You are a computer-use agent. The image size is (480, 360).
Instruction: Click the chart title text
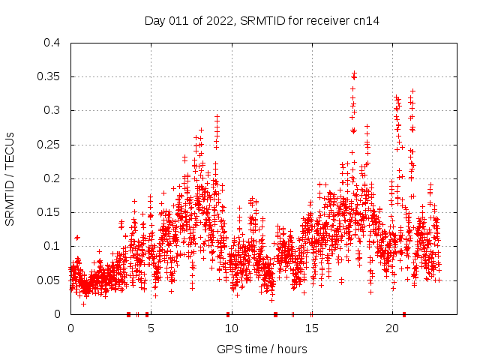262,20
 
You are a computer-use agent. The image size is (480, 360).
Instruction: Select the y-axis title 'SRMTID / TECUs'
10,178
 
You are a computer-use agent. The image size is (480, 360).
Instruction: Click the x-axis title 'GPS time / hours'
262,349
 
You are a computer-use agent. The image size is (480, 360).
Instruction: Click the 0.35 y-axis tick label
52,76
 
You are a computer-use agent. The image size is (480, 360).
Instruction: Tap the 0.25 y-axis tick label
52,145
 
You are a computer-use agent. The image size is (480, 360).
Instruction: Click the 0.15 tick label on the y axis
52,212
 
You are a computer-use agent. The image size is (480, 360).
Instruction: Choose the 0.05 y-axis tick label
52,280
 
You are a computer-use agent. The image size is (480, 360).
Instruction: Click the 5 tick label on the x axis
151,328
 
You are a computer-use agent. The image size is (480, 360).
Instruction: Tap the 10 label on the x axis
231,328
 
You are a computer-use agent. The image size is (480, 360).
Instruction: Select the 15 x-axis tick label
311,328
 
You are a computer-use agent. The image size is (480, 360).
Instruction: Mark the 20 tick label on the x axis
391,328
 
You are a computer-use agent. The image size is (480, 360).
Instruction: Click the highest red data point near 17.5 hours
354,73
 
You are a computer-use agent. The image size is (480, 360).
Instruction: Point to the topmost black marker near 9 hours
217,116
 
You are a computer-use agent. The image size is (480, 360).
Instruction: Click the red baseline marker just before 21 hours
404,314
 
